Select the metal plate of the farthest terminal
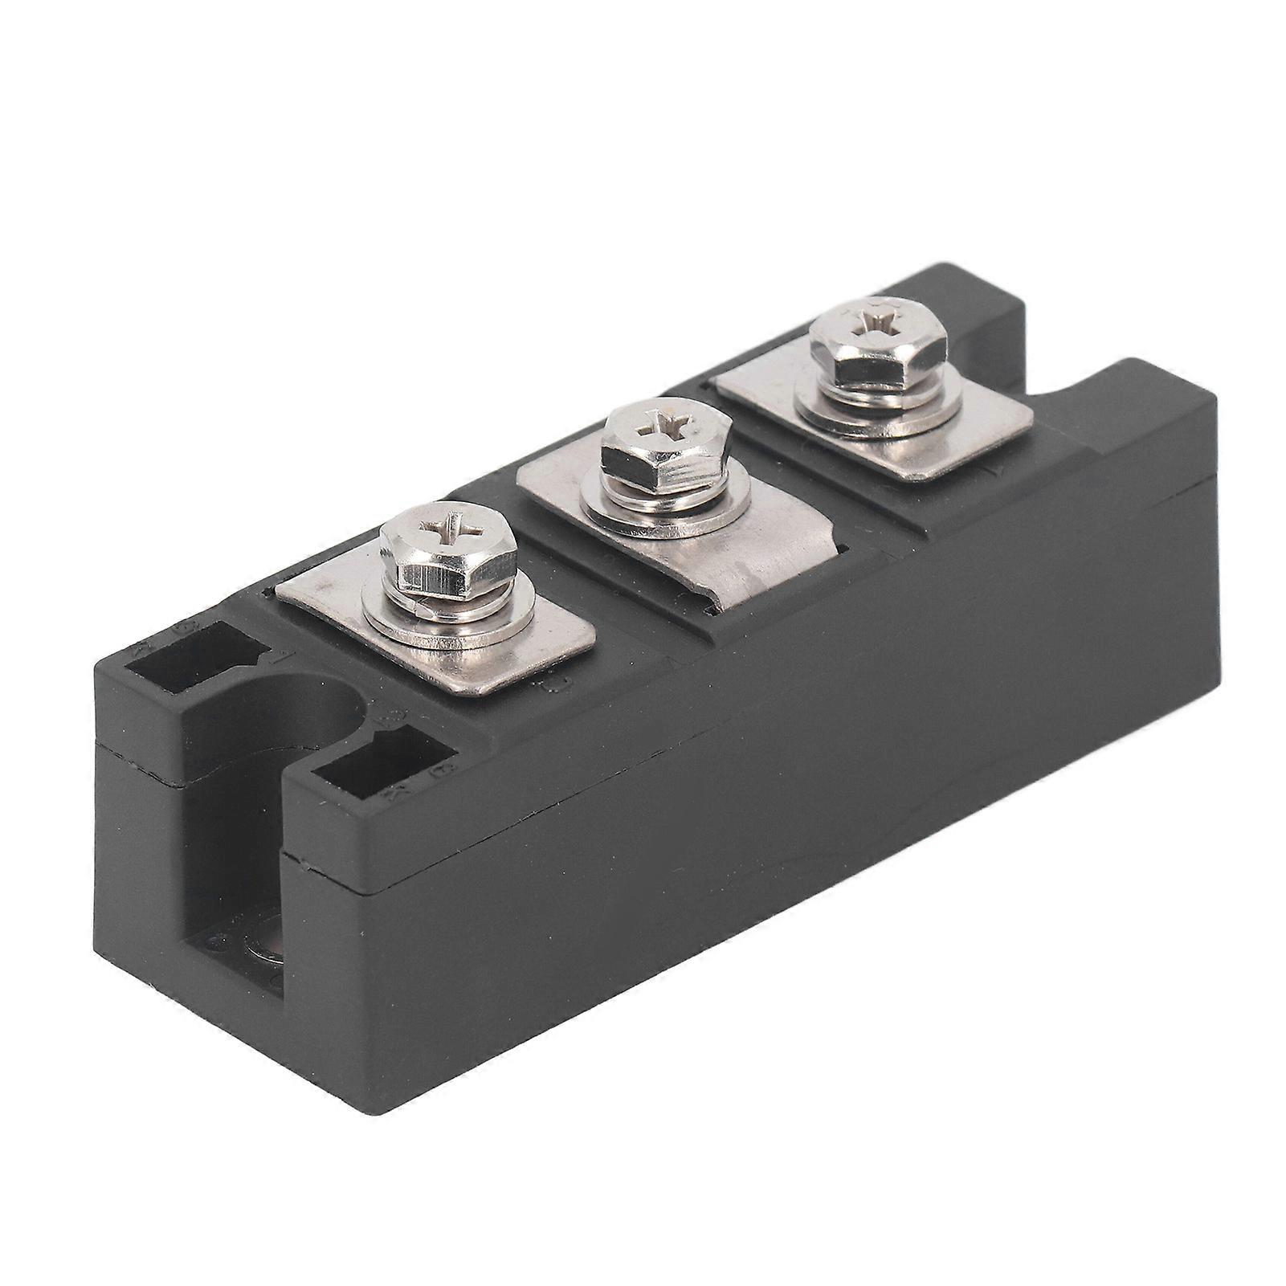tap(964, 434)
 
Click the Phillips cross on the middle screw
tap(666, 422)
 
